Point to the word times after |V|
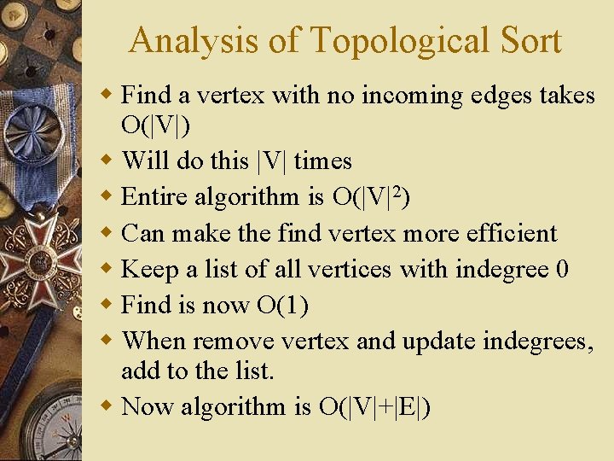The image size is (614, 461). coord(322,160)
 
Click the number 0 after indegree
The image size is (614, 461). coord(561,270)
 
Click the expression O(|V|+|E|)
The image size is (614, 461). coord(374,406)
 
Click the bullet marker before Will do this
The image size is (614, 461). coord(106,160)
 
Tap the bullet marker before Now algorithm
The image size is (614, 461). coord(106,406)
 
